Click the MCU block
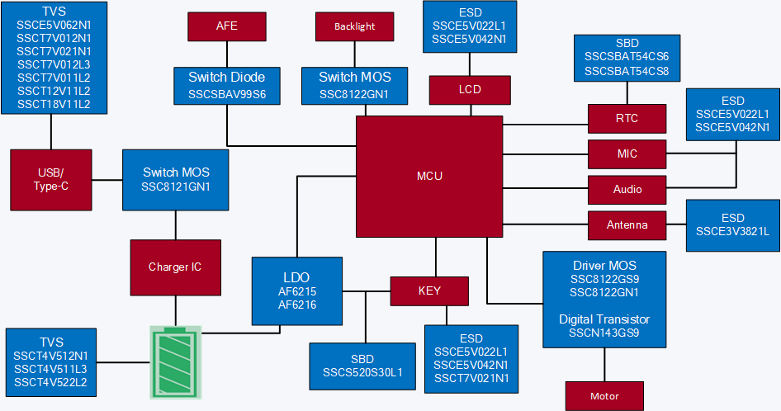click(429, 176)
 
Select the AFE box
click(227, 26)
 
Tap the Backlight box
click(355, 26)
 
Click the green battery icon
click(175, 361)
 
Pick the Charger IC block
click(175, 267)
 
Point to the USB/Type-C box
click(50, 180)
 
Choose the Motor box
click(604, 396)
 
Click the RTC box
click(627, 118)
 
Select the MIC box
click(627, 154)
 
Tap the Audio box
click(627, 189)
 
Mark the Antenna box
click(627, 224)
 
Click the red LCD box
click(469, 89)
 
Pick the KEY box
click(429, 291)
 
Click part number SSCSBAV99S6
click(227, 95)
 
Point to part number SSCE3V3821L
click(732, 232)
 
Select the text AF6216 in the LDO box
click(297, 305)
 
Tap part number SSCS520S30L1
click(362, 372)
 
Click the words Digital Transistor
click(604, 319)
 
